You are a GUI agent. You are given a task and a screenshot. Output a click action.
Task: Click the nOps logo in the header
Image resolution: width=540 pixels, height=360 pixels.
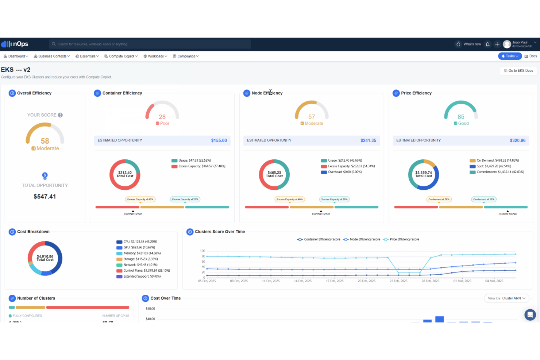coord(15,44)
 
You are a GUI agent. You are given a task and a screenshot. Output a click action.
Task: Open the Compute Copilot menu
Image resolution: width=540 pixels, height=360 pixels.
coord(121,56)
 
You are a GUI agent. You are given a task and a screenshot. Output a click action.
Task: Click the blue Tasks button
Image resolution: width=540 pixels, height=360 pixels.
coord(510,56)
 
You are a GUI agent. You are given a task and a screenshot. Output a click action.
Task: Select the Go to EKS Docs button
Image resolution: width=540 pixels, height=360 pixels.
coord(518,71)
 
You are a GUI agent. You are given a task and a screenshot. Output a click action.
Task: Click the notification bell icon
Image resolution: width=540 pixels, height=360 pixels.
coord(487,44)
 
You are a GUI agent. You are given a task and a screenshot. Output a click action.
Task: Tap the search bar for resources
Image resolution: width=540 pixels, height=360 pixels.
coord(150,44)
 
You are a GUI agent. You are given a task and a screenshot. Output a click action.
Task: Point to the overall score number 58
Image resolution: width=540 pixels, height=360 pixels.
coord(45,141)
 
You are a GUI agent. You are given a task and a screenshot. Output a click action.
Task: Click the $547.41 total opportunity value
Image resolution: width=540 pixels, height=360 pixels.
coord(45,197)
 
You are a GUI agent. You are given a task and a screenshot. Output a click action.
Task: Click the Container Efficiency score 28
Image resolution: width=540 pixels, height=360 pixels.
coord(162,117)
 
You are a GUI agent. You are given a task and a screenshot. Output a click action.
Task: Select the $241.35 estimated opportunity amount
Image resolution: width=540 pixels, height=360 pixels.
coord(368,140)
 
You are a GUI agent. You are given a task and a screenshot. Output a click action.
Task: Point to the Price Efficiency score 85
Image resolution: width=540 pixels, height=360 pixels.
coord(461,117)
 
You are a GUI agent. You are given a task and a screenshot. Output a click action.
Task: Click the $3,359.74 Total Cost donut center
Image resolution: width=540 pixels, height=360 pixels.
coord(423,174)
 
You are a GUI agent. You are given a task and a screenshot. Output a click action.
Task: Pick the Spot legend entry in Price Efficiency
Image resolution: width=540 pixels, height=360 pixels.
coord(490,166)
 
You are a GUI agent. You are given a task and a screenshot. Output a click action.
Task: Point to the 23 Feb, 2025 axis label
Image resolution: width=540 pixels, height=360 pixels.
coord(398,281)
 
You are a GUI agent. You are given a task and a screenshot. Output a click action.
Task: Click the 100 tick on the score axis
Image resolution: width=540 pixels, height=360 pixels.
coord(202,251)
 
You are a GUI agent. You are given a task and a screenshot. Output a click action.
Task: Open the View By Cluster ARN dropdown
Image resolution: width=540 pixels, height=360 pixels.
coord(506,298)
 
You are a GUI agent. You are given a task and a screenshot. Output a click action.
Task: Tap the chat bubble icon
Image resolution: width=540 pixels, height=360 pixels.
coord(530,314)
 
